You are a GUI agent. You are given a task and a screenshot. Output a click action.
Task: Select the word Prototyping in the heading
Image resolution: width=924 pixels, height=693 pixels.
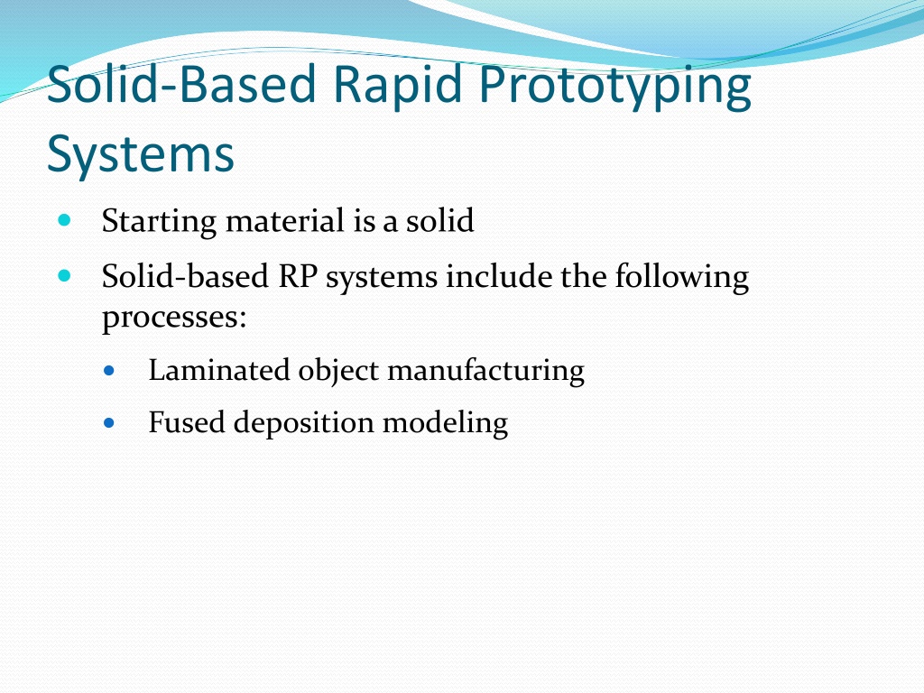point(615,85)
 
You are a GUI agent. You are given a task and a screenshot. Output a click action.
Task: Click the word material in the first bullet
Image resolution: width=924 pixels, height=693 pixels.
point(285,220)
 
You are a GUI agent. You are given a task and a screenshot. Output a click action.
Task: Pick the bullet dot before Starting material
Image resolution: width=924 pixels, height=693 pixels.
point(65,220)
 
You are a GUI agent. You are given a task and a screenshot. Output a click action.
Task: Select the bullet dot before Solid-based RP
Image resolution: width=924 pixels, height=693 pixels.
point(65,276)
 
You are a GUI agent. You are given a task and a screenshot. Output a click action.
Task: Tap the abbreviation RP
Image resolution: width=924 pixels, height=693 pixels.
point(298,276)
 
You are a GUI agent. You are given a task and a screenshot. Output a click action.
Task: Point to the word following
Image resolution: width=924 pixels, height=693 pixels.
point(682,277)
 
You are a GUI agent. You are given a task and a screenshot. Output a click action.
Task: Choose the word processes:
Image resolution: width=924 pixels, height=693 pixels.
point(174,319)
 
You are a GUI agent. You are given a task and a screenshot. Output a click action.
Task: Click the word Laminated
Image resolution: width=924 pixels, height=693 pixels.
point(219,370)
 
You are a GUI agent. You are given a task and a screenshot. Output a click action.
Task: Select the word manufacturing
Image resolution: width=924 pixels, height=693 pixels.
point(486,371)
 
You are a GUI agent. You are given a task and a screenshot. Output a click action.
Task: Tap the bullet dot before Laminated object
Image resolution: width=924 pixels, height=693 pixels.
point(109,371)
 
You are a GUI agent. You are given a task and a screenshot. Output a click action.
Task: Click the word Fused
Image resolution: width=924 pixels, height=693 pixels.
point(187,422)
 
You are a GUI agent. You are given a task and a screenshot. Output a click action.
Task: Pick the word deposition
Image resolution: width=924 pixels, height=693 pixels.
point(304,423)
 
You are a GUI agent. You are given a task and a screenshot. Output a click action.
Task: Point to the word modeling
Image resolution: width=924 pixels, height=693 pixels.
point(446,423)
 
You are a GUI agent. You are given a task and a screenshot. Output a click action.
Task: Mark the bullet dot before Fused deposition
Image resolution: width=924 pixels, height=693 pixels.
point(109,422)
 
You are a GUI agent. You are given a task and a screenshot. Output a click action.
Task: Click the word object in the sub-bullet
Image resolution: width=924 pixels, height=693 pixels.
point(339,371)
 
